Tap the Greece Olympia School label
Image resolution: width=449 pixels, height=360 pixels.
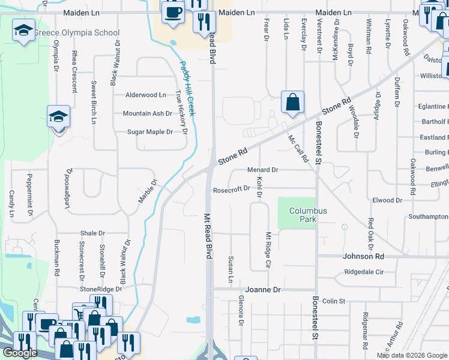tap(76, 32)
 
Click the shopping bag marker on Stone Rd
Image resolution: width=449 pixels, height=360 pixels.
tap(292, 102)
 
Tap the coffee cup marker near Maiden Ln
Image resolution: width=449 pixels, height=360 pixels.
tap(173, 13)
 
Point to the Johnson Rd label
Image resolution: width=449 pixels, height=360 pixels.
tap(363, 256)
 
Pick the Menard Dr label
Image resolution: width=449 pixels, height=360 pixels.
tap(263, 170)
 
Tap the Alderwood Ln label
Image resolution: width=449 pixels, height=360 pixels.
tap(145, 95)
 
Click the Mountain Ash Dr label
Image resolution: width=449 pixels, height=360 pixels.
tap(147, 113)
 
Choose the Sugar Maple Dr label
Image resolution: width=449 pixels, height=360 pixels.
tap(149, 132)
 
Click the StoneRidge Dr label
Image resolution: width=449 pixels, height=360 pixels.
tap(101, 289)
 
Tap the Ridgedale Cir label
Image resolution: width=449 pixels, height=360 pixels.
tap(364, 272)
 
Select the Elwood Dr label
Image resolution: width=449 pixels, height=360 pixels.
tap(387, 200)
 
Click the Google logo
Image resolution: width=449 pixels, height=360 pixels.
tap(20, 353)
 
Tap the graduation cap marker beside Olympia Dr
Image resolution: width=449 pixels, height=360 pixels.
tap(58, 116)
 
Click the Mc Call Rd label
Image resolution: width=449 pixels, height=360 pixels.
tap(298, 148)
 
